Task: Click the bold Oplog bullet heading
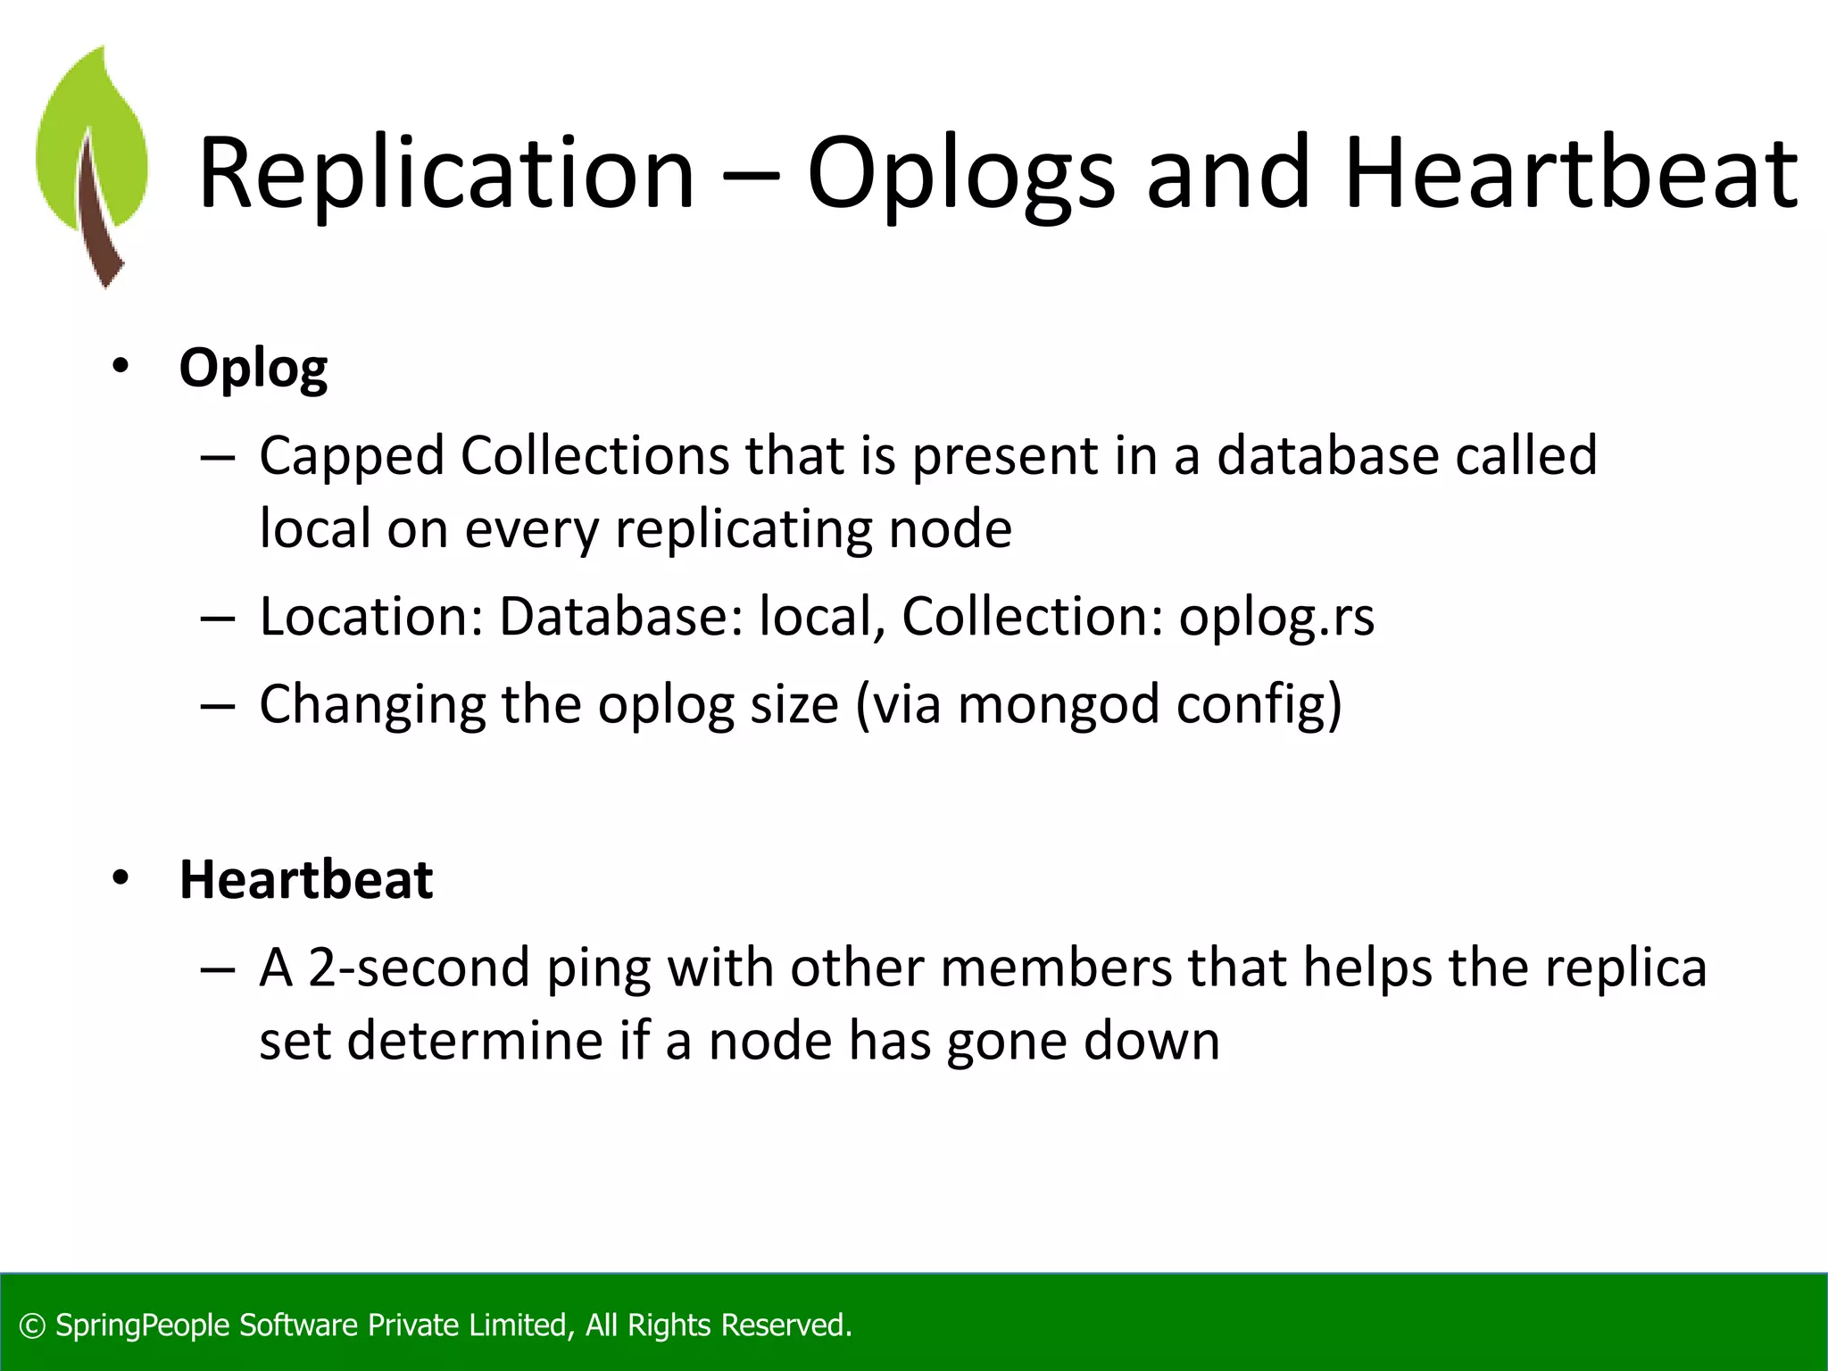[x=253, y=368]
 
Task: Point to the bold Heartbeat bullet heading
[x=306, y=879]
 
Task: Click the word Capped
[x=352, y=456]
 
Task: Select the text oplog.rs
[x=1276, y=617]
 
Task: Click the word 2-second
[x=420, y=968]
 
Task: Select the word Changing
[x=372, y=705]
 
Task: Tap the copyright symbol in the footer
[x=32, y=1326]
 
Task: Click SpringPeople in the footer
[x=143, y=1325]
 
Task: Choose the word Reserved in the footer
[x=785, y=1325]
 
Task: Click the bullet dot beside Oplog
[x=120, y=367]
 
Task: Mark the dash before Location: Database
[x=218, y=618]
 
